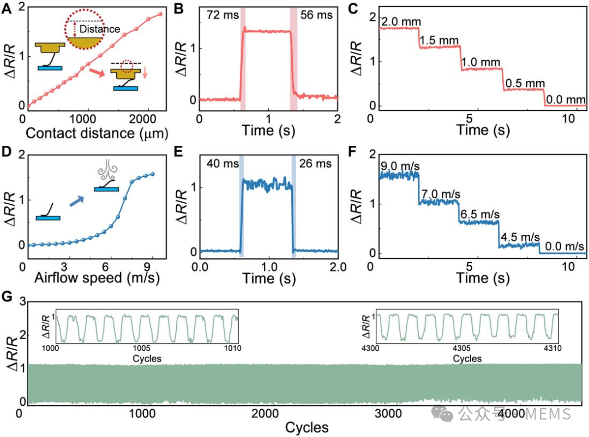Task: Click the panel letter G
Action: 7,297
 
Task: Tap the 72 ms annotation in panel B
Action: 223,15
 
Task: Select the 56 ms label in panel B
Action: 316,15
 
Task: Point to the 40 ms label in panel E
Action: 223,164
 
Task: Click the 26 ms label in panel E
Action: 315,164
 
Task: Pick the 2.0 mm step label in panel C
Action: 401,22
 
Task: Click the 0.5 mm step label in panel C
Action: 525,83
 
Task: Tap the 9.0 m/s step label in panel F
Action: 400,166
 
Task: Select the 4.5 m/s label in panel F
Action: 520,237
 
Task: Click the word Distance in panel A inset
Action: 100,29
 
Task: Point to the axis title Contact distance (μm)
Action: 97,133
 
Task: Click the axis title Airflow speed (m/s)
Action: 97,278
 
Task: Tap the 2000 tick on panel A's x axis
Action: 142,119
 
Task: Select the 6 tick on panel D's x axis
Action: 106,267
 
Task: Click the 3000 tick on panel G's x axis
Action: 388,414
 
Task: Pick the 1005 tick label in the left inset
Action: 142,348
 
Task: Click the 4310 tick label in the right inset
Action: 552,348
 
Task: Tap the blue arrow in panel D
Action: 77,201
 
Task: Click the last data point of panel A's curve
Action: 160,14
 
